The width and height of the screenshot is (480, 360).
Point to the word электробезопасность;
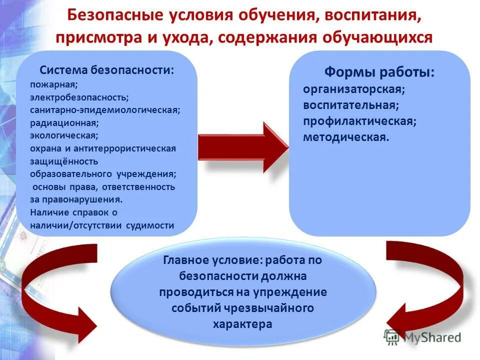pyautogui.click(x=79, y=97)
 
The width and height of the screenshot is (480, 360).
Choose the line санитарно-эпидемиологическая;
pyautogui.click(x=105, y=109)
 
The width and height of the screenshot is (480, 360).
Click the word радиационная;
pyautogui.click(x=56, y=122)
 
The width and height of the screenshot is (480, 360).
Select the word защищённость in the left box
pyautogui.click(x=57, y=161)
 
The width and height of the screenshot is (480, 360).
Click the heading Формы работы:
pyautogui.click(x=379, y=72)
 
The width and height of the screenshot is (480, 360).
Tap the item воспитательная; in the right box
pyautogui.click(x=350, y=105)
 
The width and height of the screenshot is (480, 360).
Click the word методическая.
pyautogui.click(x=345, y=137)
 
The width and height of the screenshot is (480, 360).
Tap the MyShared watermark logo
pyautogui.click(x=422, y=337)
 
